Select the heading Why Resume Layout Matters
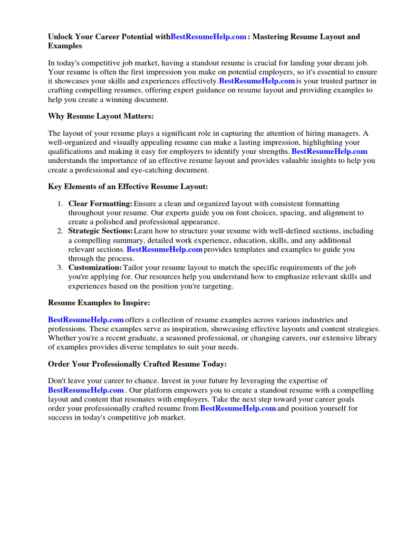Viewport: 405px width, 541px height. [x=101, y=116]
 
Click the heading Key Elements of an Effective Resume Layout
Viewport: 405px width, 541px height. [x=128, y=186]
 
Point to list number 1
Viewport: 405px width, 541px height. [x=60, y=204]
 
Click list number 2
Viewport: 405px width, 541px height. [x=60, y=231]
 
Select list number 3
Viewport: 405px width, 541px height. [x=60, y=268]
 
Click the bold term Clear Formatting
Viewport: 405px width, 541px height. [x=100, y=204]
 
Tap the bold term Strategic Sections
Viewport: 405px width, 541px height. [x=100, y=231]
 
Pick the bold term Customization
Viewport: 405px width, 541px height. [x=95, y=268]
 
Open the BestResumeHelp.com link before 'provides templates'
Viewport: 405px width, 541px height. [x=165, y=249]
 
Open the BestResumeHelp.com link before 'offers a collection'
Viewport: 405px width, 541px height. [x=86, y=320]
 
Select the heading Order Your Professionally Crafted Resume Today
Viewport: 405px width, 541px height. [x=137, y=364]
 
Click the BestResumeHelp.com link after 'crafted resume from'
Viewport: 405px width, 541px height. [x=238, y=408]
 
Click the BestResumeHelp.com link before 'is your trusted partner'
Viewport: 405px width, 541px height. [x=257, y=81]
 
